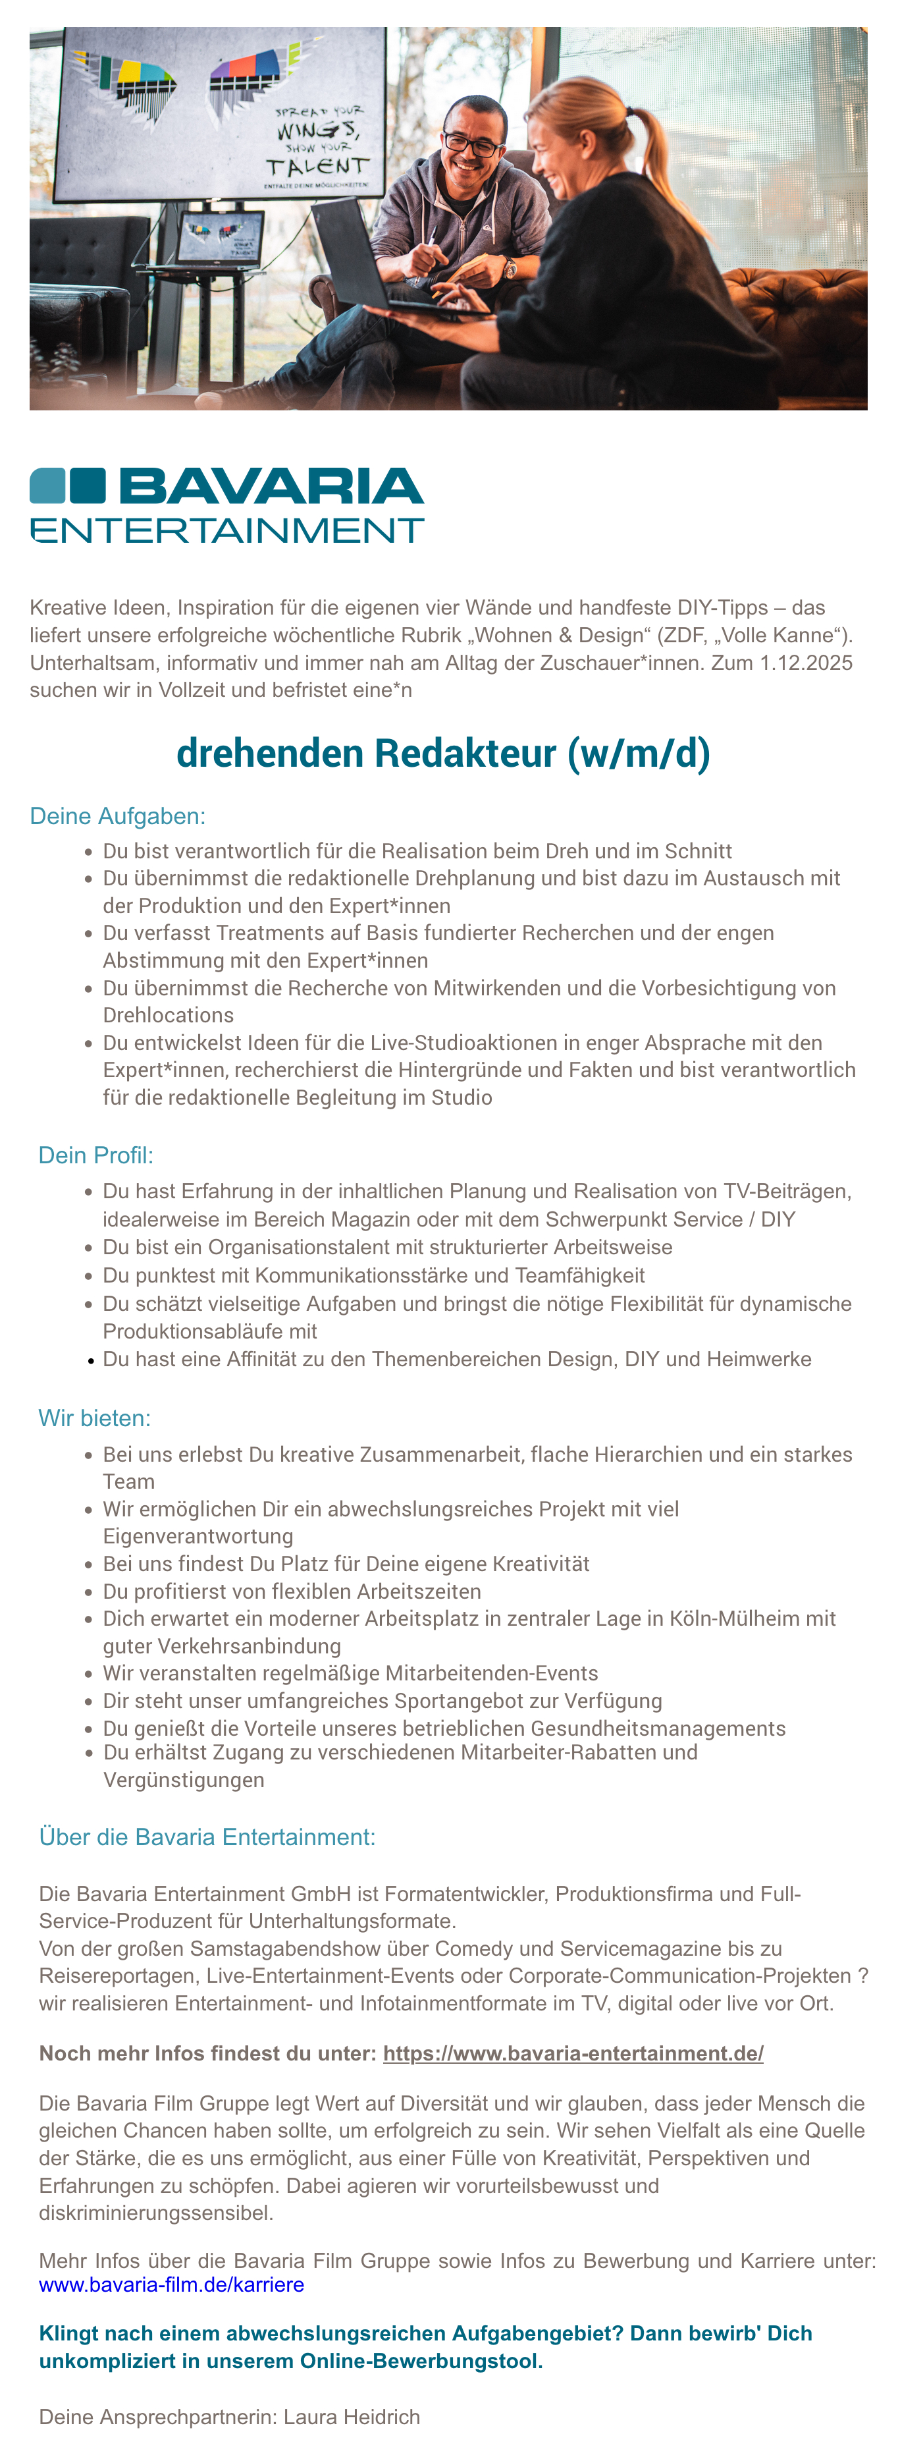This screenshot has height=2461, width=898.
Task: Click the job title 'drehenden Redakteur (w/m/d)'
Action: point(443,754)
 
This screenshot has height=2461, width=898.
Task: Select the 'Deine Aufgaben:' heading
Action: point(117,816)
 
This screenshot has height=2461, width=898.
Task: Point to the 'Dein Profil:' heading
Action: point(95,1155)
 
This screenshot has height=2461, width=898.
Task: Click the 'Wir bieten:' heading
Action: point(95,1418)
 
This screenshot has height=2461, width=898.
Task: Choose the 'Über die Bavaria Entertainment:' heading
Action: point(207,1837)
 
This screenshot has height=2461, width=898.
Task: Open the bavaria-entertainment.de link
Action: point(573,2053)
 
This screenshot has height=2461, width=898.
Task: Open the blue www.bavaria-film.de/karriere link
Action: point(172,2284)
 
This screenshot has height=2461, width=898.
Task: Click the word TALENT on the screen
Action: point(316,166)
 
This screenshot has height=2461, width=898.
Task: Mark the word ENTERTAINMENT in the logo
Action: point(227,530)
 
